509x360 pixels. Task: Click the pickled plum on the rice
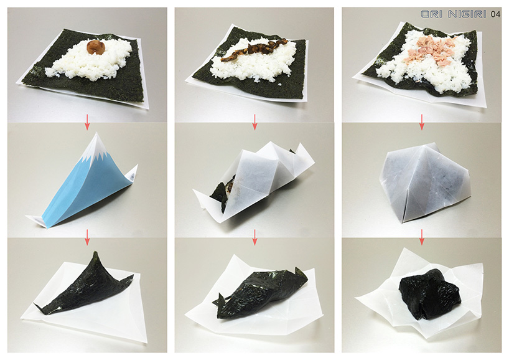coord(95,47)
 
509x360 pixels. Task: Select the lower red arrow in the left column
coord(87,236)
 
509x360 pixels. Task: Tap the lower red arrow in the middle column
coord(254,236)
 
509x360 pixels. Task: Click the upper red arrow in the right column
coord(422,119)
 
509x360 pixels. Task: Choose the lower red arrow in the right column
coord(422,236)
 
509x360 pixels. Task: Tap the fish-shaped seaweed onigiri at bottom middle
coord(258,290)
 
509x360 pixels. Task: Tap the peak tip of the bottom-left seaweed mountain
coord(94,253)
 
